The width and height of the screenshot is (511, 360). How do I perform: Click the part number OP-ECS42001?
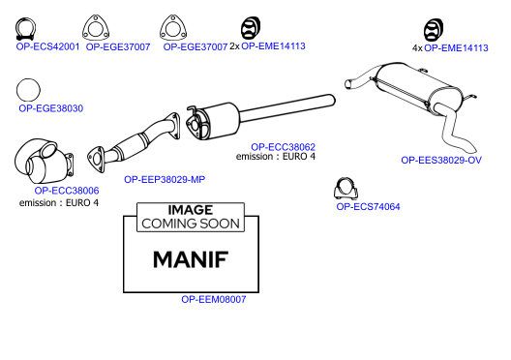(x=47, y=46)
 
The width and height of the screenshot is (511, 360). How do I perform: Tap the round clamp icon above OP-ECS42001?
(x=25, y=29)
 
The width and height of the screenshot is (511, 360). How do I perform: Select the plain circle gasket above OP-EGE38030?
(x=28, y=90)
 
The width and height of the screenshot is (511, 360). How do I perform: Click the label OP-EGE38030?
(x=51, y=108)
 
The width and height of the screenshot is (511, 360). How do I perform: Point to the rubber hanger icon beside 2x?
(x=251, y=28)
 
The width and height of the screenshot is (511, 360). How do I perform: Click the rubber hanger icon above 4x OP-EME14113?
(x=434, y=30)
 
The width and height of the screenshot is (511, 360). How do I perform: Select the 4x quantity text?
(x=417, y=48)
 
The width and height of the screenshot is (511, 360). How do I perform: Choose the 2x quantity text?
(x=234, y=46)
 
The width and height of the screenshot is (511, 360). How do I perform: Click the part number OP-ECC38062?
(x=283, y=147)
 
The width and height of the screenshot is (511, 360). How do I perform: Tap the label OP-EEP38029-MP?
(x=165, y=179)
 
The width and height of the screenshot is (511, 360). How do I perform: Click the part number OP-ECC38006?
(x=67, y=191)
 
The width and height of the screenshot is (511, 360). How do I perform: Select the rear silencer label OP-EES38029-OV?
(x=441, y=160)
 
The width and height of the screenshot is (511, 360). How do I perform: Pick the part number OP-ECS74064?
(x=368, y=206)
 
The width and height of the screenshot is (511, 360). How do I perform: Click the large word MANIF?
(x=191, y=259)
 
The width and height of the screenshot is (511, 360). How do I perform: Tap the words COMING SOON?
(x=191, y=224)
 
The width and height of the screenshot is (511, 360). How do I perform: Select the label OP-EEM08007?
(x=214, y=299)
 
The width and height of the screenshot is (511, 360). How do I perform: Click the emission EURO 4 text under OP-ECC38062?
(x=276, y=157)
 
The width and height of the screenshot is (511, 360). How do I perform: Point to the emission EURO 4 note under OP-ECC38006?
(x=59, y=203)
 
